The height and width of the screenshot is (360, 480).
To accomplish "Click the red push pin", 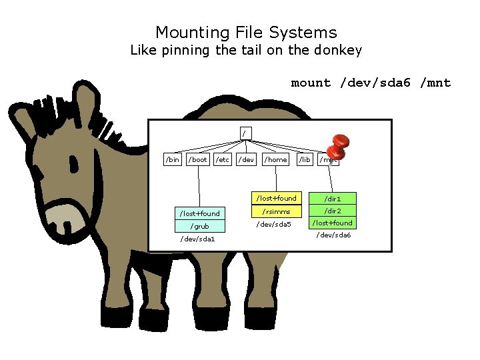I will click(339, 143).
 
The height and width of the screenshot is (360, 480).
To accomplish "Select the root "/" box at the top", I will click(244, 133).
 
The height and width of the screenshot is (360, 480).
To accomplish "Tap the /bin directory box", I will click(172, 159).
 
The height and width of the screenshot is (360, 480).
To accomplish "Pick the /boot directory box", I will click(198, 159).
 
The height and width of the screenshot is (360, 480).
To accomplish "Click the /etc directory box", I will click(223, 159).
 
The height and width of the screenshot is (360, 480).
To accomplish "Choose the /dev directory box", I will click(247, 159).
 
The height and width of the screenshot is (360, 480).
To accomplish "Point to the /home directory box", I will click(275, 159).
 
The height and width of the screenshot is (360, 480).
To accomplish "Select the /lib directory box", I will click(305, 159).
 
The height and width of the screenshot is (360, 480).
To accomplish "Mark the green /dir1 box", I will click(333, 199).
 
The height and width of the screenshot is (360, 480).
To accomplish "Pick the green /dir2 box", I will click(333, 211).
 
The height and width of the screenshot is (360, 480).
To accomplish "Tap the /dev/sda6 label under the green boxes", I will click(333, 235).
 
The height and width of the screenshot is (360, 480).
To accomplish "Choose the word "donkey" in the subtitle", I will click(335, 50).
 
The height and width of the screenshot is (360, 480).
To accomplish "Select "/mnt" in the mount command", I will click(435, 83).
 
